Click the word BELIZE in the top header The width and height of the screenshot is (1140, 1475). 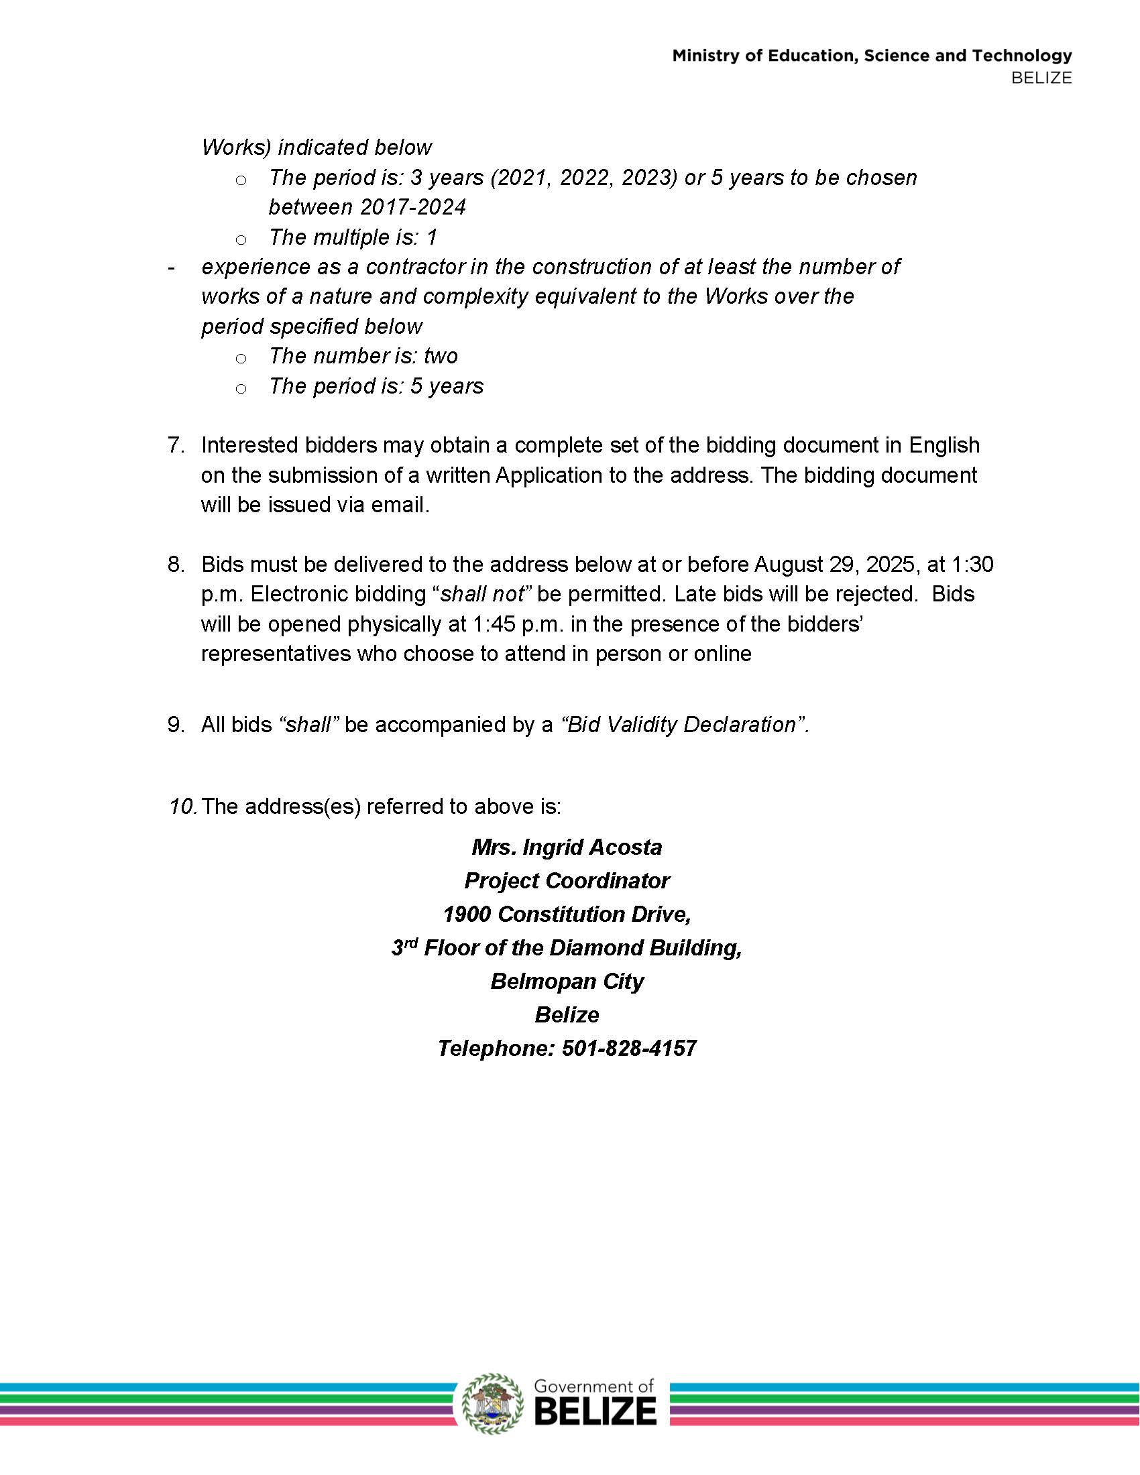coord(1041,78)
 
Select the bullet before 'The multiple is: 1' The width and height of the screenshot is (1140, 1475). coord(241,240)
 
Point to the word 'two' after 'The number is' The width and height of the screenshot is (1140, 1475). coord(441,356)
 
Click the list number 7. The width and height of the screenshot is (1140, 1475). coord(176,445)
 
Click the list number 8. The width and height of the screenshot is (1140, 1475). coord(176,564)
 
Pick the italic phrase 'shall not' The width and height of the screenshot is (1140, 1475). coord(482,594)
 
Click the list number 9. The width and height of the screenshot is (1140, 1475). coord(176,725)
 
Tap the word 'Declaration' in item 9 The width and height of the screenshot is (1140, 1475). coord(738,725)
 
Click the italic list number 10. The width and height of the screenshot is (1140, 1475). coord(182,807)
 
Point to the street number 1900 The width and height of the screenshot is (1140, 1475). coord(466,914)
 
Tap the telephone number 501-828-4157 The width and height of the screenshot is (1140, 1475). coord(629,1048)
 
